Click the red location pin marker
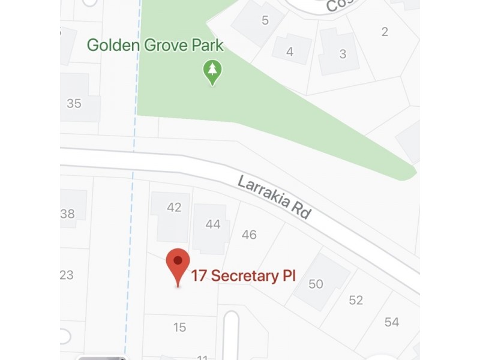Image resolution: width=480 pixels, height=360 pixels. pos(178,263)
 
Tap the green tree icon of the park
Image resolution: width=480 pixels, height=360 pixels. pos(212,71)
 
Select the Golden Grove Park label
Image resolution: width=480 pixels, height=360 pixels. pos(155,45)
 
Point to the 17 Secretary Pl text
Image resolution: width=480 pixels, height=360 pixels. pos(243,276)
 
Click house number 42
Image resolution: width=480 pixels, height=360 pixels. pos(174,208)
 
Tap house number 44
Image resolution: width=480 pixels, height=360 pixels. pos(213,224)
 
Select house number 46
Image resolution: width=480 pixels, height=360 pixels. pos(249,235)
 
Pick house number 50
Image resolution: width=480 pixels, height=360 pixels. pos(316,284)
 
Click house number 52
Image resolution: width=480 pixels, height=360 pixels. pos(356,300)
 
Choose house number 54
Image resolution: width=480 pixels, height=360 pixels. pos(392,322)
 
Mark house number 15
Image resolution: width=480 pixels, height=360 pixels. pos(179,328)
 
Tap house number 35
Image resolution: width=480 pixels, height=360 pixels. pos(74,103)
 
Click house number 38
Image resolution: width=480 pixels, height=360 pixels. pos(68,214)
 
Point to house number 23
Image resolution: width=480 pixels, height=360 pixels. pos(67,275)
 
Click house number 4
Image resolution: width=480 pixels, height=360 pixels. pos(290,52)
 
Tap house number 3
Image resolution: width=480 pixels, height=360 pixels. pos(343,54)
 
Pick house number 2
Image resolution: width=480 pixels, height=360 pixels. pos(385,31)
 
